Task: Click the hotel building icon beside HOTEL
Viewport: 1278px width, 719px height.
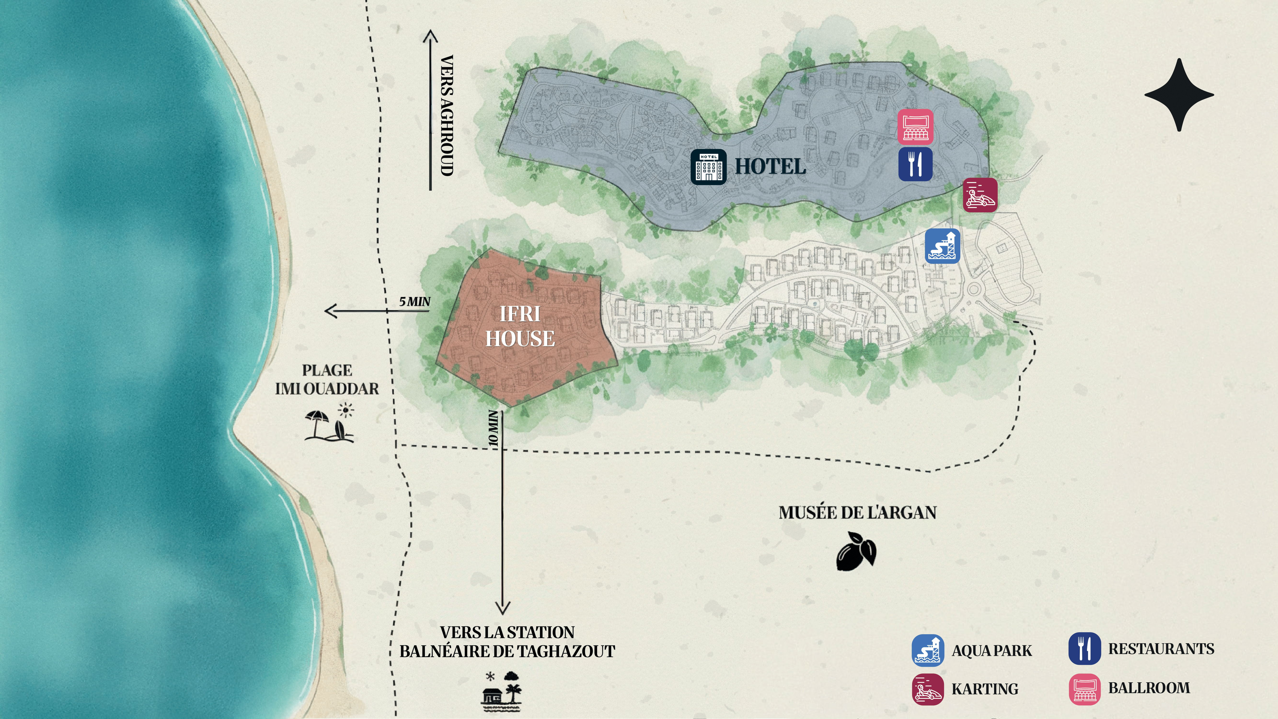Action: [708, 167]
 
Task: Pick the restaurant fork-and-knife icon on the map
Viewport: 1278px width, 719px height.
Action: [915, 164]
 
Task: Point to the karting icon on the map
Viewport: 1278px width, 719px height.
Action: [980, 195]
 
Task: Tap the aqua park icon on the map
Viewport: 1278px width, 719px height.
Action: [942, 246]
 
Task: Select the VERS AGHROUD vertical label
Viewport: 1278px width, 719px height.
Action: [447, 115]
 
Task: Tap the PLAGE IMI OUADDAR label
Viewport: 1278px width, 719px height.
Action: [327, 380]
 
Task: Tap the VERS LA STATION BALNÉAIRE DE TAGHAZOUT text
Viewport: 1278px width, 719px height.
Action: [507, 642]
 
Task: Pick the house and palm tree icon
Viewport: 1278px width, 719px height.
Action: [502, 691]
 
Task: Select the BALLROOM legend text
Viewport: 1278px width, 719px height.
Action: [1149, 688]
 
